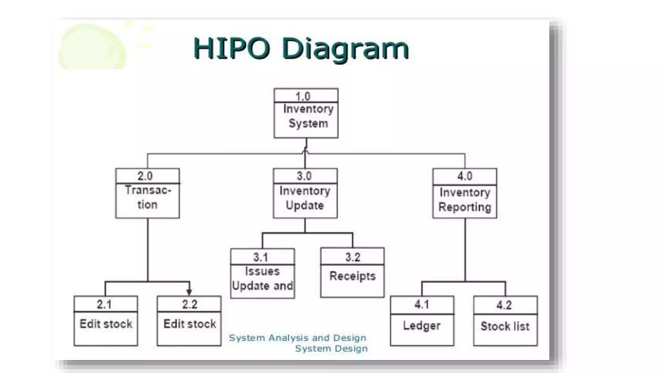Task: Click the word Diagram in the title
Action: pyautogui.click(x=345, y=49)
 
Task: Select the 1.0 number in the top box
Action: pyautogui.click(x=303, y=96)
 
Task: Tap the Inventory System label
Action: pyautogui.click(x=308, y=116)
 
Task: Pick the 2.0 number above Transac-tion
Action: pyautogui.click(x=145, y=176)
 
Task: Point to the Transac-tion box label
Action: pyautogui.click(x=148, y=197)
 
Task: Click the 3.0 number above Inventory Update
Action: pyautogui.click(x=304, y=176)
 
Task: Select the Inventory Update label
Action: pyautogui.click(x=305, y=198)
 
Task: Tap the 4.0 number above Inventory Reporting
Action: pyautogui.click(x=465, y=176)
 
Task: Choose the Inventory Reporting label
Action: pyautogui.click(x=465, y=200)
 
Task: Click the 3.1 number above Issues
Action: pyautogui.click(x=261, y=257)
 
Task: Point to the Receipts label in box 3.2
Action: pyautogui.click(x=352, y=276)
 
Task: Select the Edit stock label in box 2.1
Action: pyautogui.click(x=106, y=324)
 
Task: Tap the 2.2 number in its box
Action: pyautogui.click(x=190, y=304)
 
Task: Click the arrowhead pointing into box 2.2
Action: pyautogui.click(x=189, y=292)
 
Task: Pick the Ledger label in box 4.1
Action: pyautogui.click(x=422, y=326)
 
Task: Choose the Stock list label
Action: pyautogui.click(x=505, y=326)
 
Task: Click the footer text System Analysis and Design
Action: pyautogui.click(x=298, y=338)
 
